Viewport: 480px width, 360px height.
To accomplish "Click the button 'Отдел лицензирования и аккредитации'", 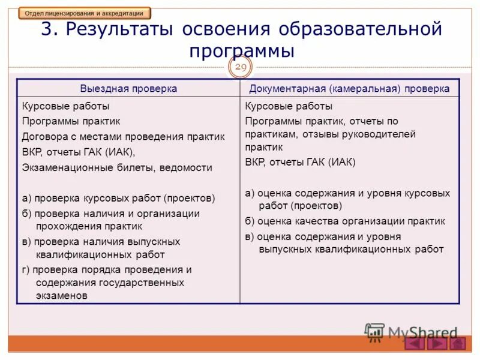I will tap(85, 13).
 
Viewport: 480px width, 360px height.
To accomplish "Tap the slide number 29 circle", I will tap(240, 68).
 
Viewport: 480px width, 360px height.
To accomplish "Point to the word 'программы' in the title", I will tap(241, 50).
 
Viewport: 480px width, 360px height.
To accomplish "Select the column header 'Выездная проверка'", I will tap(128, 88).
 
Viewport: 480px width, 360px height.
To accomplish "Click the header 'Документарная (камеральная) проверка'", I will tap(349, 88).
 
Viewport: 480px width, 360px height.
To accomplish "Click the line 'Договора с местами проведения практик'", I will tap(123, 136).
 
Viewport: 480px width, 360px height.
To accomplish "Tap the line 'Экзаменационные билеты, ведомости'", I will tap(117, 167).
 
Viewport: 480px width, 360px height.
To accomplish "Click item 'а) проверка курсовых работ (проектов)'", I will tap(118, 197).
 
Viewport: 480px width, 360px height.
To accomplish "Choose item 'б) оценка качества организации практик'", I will tap(345, 221).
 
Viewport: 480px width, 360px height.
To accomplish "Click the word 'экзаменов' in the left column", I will tap(62, 295).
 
